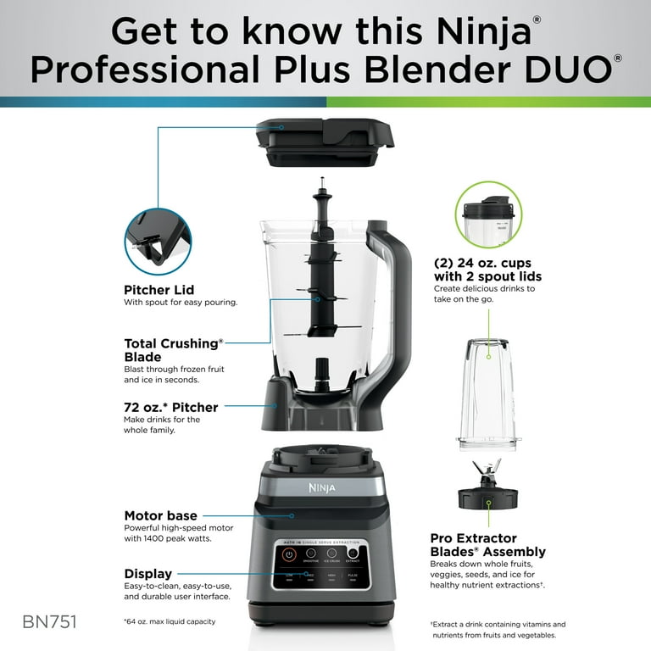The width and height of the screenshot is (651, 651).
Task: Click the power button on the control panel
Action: tap(289, 555)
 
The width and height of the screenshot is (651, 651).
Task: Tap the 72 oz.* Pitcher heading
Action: tap(171, 408)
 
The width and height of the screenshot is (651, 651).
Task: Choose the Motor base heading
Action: tap(161, 515)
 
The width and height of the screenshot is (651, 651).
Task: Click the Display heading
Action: tap(148, 574)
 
